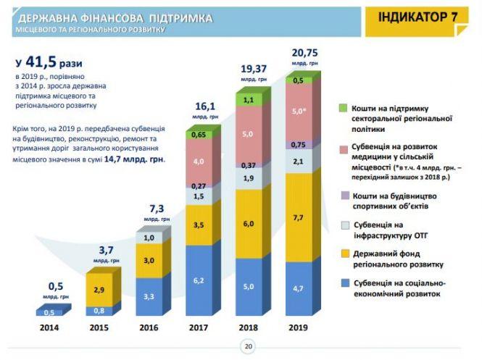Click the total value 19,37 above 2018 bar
pos(254,69)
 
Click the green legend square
pos(345,107)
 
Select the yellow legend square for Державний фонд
pos(345,254)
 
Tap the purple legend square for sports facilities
pos(345,195)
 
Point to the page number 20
pos(248,347)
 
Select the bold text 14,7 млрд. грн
pos(138,157)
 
